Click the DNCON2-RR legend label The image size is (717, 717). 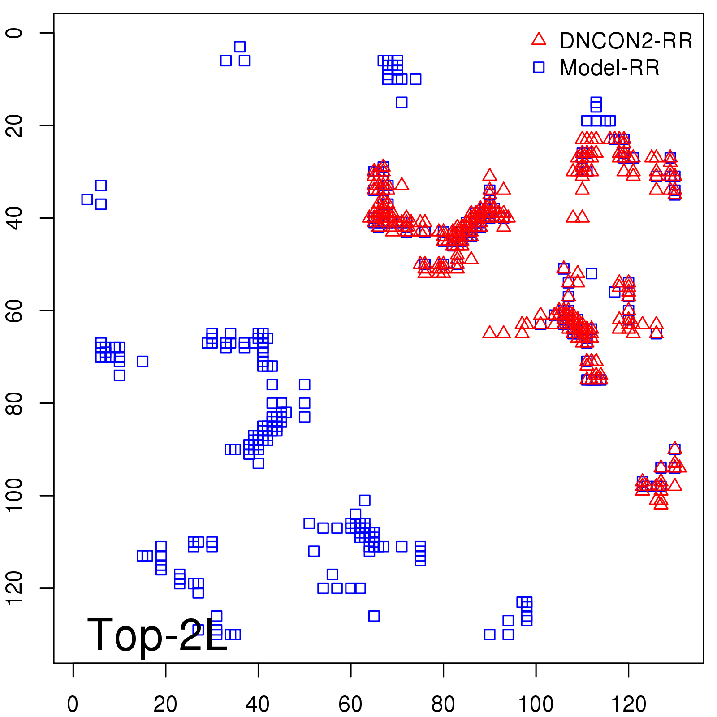pos(626,41)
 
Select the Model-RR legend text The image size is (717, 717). pos(609,68)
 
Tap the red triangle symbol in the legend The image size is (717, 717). pos(539,39)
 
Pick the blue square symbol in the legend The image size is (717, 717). pos(539,67)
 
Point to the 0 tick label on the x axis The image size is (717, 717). pos(73,704)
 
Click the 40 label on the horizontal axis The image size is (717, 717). pos(258,704)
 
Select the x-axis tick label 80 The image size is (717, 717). pos(443,704)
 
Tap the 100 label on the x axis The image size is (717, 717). pos(536,704)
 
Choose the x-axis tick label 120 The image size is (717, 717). pos(628,704)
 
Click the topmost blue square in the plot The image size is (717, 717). pos(240,47)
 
